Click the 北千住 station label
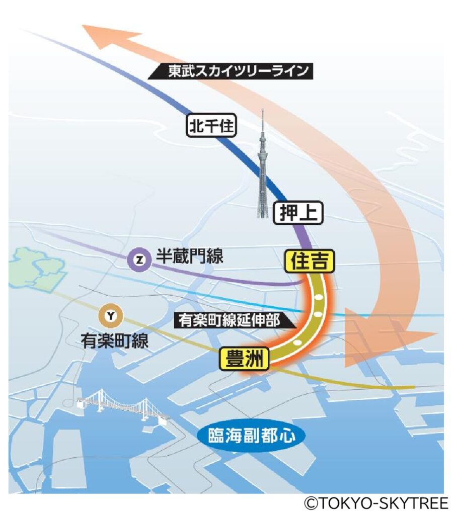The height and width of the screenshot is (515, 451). (x=211, y=126)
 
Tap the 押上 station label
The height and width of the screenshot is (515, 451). (x=298, y=213)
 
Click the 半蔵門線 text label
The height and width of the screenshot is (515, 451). (x=189, y=257)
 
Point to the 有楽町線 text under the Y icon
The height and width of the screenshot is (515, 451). (x=115, y=342)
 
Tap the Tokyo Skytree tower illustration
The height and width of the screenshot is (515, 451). (x=263, y=166)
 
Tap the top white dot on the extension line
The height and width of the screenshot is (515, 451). (x=319, y=298)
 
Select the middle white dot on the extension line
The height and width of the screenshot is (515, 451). (x=318, y=314)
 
